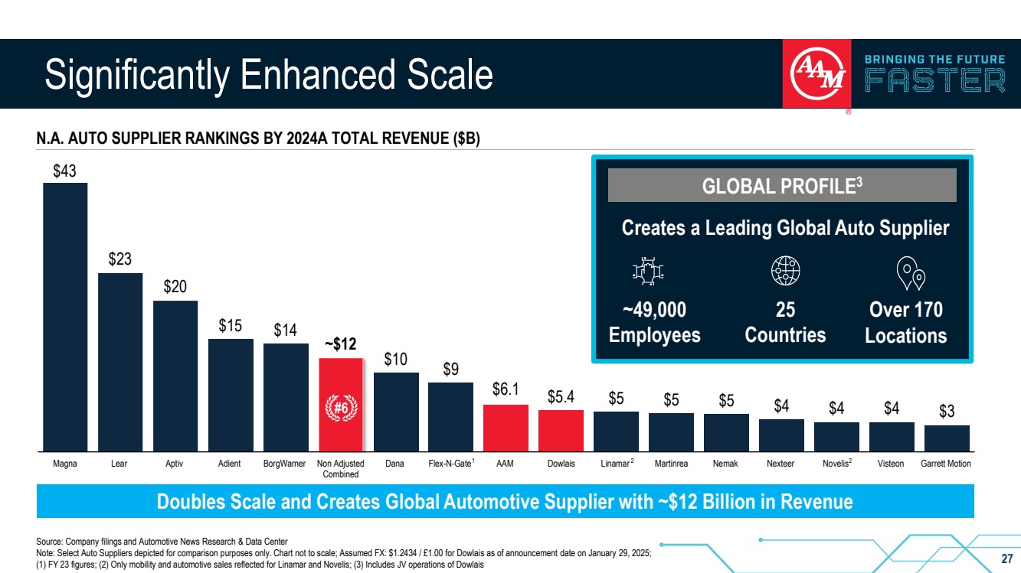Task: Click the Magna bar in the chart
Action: (65, 317)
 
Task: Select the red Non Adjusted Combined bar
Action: (340, 405)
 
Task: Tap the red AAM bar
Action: (506, 428)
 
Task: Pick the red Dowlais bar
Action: (561, 431)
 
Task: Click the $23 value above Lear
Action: (120, 260)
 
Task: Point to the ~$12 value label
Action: (340, 344)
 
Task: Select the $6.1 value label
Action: (506, 392)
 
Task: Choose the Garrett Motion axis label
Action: (947, 464)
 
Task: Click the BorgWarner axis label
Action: (286, 464)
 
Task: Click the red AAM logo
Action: (816, 73)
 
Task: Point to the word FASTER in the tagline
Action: (934, 80)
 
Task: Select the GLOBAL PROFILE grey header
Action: (782, 185)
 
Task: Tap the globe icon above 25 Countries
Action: (785, 271)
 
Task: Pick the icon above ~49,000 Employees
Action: (648, 271)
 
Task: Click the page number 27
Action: (1007, 558)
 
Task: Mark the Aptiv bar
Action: (175, 376)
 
